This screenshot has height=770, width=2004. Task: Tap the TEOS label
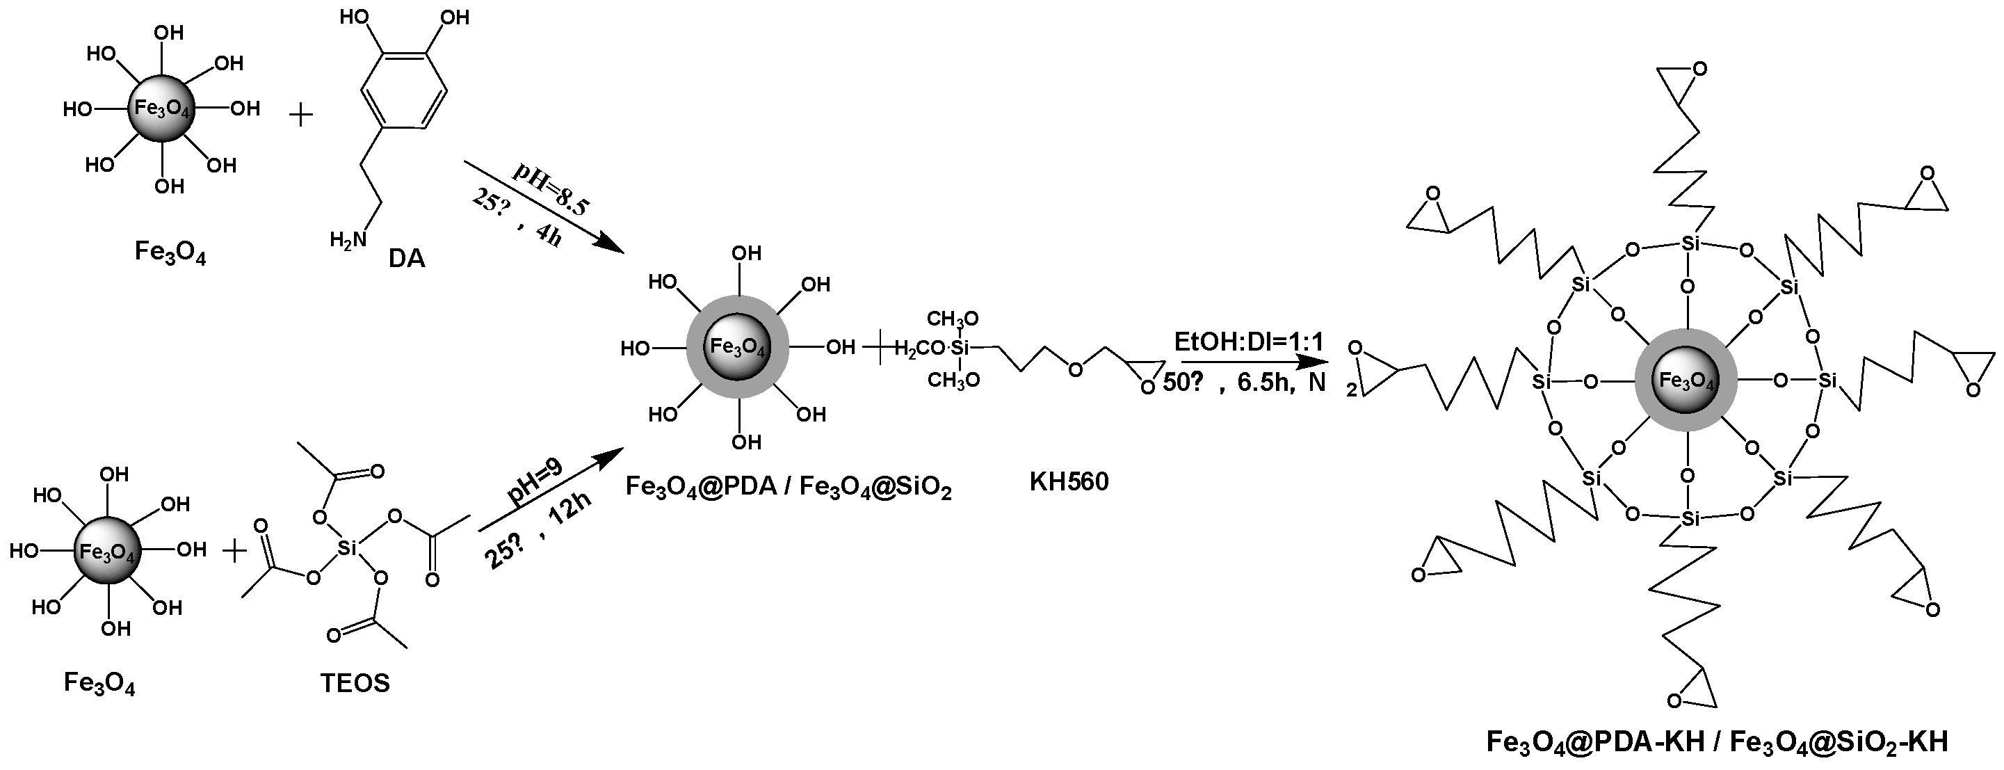355,683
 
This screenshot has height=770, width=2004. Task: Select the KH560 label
1069,481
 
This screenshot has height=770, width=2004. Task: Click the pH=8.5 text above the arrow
551,189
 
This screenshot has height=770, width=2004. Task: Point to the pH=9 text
535,483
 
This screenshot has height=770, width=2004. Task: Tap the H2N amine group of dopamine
348,239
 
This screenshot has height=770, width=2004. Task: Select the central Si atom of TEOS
347,548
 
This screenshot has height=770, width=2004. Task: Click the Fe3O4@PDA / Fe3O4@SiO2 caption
789,488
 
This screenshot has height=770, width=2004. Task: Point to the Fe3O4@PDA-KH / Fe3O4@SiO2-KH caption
1717,741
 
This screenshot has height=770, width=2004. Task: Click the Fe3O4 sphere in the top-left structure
162,109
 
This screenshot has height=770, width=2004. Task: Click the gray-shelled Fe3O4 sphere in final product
1687,380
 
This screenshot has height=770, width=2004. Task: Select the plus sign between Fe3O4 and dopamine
301,115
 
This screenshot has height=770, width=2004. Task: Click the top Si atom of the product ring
1690,243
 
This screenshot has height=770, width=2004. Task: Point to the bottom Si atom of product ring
1690,518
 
